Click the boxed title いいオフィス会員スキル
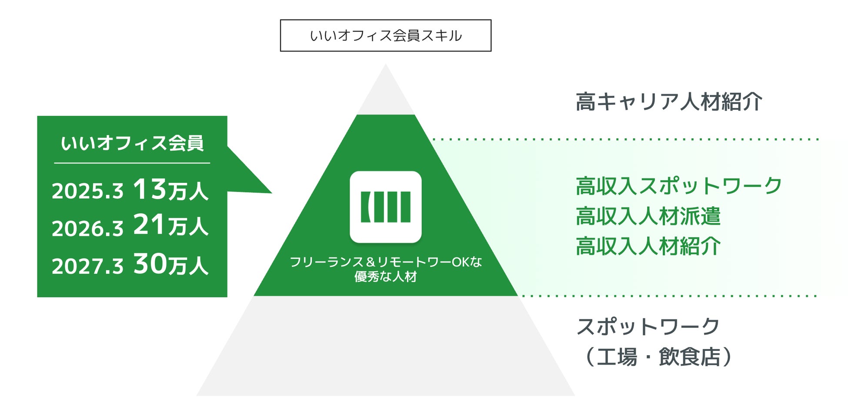point(385,36)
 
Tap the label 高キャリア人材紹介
point(668,102)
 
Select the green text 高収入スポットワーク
point(678,186)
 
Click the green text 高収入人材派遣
point(648,216)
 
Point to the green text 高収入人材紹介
point(648,246)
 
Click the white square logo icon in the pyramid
point(385,207)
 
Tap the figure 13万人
point(170,190)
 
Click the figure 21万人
point(170,225)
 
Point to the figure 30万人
point(170,264)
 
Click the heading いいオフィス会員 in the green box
point(132,143)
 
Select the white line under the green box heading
point(132,163)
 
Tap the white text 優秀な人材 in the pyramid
point(385,277)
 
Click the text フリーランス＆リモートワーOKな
point(385,262)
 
